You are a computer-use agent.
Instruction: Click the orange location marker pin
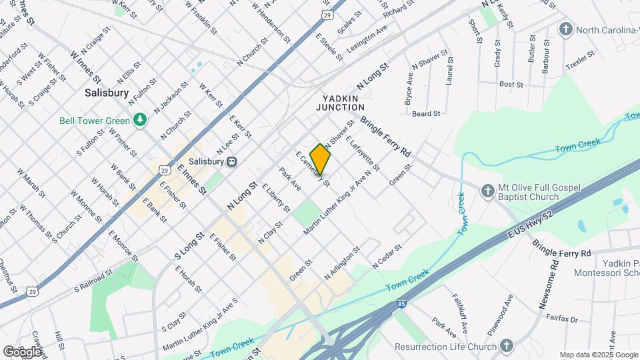click(321, 159)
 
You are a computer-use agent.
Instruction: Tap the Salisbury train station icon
click(232, 161)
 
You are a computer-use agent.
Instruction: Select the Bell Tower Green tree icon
click(139, 119)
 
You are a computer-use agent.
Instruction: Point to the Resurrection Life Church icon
click(506, 346)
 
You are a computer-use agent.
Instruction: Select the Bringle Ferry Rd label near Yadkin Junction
click(386, 137)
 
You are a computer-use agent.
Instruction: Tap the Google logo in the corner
click(22, 351)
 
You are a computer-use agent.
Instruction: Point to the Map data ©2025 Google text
click(597, 355)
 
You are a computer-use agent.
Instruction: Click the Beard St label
click(426, 114)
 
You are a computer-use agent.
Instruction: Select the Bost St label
click(511, 85)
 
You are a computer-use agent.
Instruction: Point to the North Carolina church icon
click(566, 30)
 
